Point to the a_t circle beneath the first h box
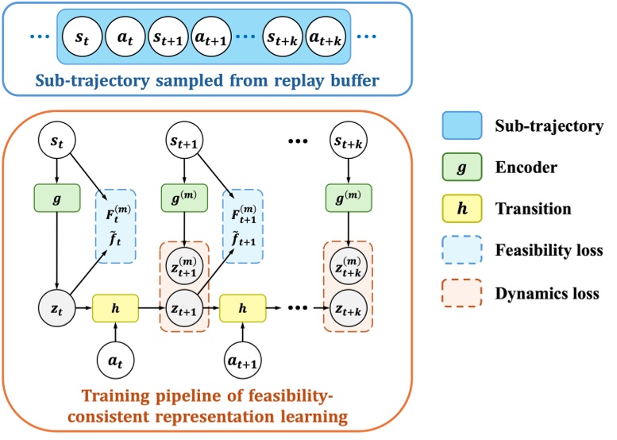click(x=116, y=359)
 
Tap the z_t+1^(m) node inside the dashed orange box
click(x=184, y=263)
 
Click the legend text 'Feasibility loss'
click(x=548, y=252)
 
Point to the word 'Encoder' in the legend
click(x=523, y=168)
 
